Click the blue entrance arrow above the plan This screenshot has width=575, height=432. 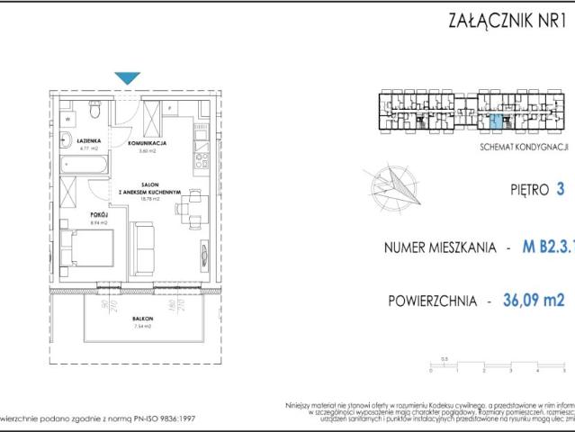(128, 78)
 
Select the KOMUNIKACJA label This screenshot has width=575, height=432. (145, 142)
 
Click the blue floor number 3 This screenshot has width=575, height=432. (561, 189)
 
